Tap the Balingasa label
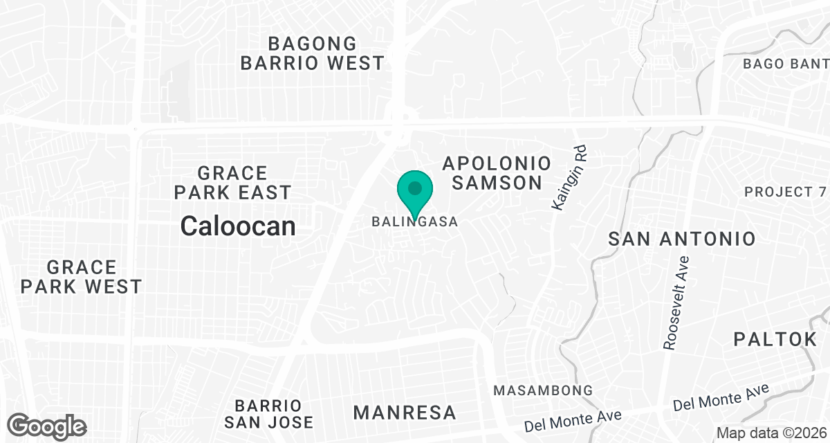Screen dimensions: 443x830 point(415,222)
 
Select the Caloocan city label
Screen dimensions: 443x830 point(238,226)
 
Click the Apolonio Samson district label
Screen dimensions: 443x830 point(497,173)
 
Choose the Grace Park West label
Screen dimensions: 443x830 point(82,277)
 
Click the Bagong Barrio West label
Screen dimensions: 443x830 point(312,53)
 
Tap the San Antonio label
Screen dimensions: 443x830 point(682,239)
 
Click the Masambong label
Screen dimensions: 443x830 point(543,391)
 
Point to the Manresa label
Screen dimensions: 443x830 point(405,413)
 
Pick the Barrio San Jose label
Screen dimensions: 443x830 point(273,413)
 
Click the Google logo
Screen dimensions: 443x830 point(47,426)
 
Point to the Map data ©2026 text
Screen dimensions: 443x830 point(771,433)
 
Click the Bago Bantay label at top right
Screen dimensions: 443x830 point(786,64)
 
